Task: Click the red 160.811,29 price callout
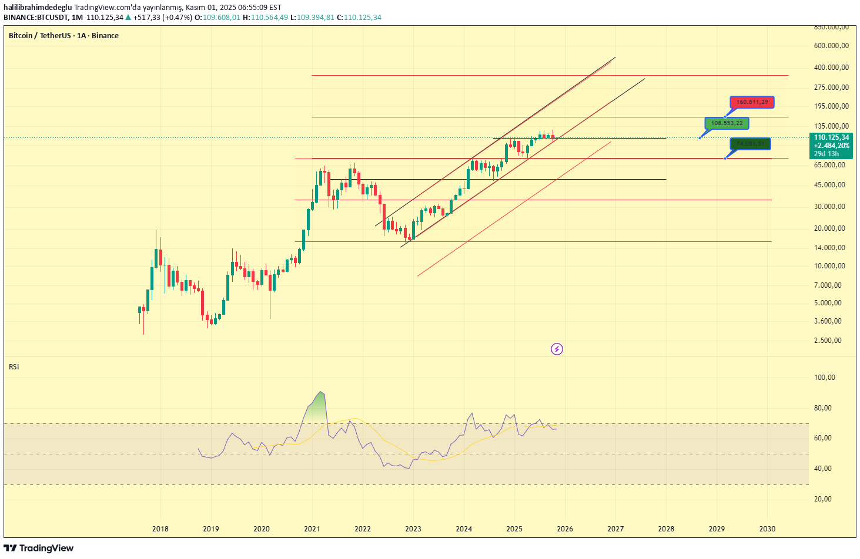pyautogui.click(x=752, y=102)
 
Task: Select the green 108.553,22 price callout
pyautogui.click(x=727, y=123)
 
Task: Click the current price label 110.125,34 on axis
pyautogui.click(x=831, y=137)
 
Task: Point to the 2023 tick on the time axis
pyautogui.click(x=413, y=528)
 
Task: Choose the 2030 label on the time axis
pyautogui.click(x=767, y=528)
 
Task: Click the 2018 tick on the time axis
pyautogui.click(x=160, y=528)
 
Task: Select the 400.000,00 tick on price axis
pyautogui.click(x=831, y=68)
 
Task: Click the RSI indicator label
pyautogui.click(x=14, y=367)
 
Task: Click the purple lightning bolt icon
pyautogui.click(x=557, y=349)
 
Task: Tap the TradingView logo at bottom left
pyautogui.click(x=39, y=548)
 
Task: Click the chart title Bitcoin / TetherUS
pyautogui.click(x=63, y=36)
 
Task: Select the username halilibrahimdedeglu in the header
pyautogui.click(x=38, y=8)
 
